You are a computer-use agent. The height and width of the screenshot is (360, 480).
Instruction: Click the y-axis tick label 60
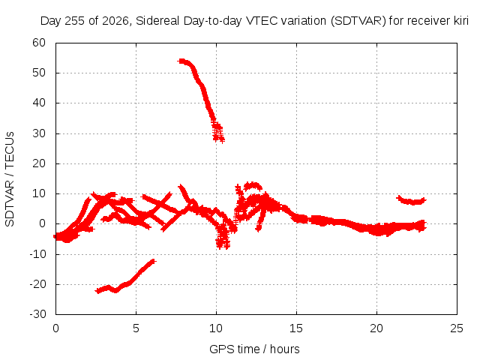tap(39, 43)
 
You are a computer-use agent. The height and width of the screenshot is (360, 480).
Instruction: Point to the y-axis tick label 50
tap(39, 73)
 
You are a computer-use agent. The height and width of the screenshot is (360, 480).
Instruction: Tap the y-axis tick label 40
tap(39, 103)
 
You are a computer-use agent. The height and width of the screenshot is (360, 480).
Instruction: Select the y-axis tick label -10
tap(37, 254)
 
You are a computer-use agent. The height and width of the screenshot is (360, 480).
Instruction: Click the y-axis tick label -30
tap(37, 314)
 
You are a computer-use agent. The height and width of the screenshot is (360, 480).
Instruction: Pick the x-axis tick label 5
tap(136, 328)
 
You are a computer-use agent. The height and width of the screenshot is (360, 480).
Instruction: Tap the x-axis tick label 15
tap(296, 328)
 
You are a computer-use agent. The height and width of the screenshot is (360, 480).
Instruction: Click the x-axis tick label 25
tap(457, 328)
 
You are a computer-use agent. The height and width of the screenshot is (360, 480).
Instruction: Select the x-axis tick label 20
tap(376, 328)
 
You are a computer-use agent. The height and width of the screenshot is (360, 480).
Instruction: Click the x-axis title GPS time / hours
tap(254, 349)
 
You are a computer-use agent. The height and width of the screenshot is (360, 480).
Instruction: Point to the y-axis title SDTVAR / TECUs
tap(10, 179)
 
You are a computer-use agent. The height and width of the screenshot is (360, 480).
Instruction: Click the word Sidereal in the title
tap(157, 21)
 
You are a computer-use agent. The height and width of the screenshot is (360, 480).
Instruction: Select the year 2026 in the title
tap(115, 21)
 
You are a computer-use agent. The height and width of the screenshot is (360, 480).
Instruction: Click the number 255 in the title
tap(75, 21)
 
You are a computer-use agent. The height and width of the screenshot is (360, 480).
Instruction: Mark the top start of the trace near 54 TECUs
tap(181, 61)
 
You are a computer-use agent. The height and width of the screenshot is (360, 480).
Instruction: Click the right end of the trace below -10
tap(153, 261)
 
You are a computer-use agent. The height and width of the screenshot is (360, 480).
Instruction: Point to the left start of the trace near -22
tap(98, 291)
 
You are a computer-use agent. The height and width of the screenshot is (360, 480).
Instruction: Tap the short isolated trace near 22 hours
tap(411, 201)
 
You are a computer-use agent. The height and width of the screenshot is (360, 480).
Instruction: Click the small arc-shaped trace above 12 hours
tap(253, 184)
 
